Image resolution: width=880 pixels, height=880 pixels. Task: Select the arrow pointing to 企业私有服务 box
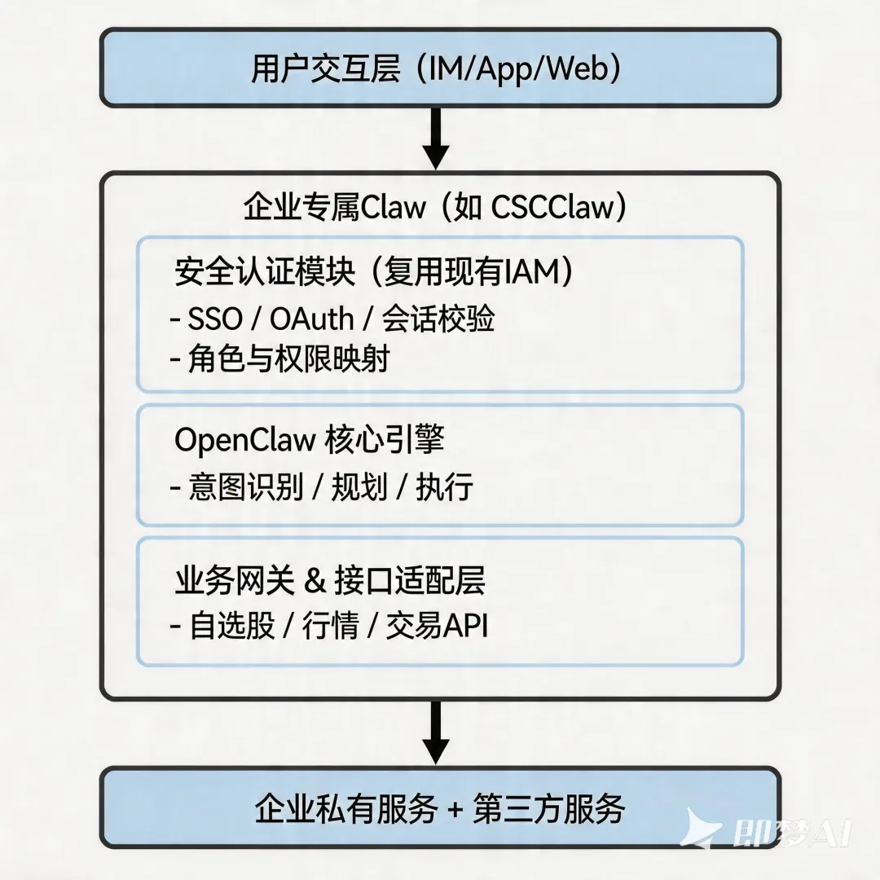click(x=437, y=732)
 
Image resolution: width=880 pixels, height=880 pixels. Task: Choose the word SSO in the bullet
click(x=214, y=319)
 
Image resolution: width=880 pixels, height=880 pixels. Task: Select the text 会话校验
click(x=438, y=319)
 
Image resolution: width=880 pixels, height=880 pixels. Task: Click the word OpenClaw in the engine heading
click(x=244, y=440)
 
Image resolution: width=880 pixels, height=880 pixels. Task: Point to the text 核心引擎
click(x=385, y=440)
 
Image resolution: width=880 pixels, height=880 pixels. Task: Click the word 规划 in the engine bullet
click(x=359, y=488)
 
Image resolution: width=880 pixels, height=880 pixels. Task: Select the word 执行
click(x=444, y=488)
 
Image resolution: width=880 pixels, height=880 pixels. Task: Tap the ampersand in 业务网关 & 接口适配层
click(x=313, y=582)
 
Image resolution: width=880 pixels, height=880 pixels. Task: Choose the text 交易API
click(x=438, y=627)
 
